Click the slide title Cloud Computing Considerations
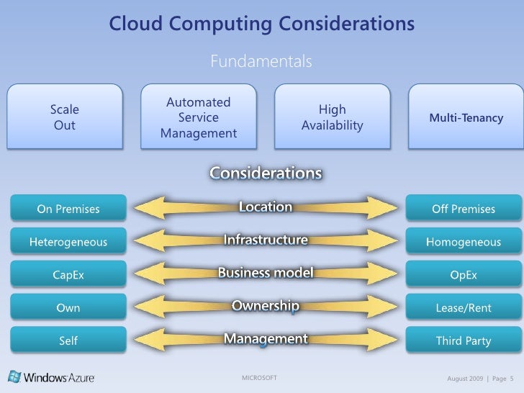[261, 24]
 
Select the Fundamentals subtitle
[261, 62]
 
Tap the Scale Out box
[65, 117]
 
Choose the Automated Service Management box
[198, 118]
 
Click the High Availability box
[332, 117]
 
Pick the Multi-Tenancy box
[466, 117]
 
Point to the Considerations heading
[266, 173]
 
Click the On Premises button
[68, 209]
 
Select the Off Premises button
[464, 209]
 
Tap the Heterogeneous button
[68, 242]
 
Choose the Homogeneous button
[464, 242]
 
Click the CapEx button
[68, 275]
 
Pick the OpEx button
[464, 275]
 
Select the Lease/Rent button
[464, 308]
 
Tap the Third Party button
[464, 341]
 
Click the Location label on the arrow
[266, 207]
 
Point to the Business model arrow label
[266, 274]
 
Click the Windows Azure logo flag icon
[14, 376]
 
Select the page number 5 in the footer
[511, 379]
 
